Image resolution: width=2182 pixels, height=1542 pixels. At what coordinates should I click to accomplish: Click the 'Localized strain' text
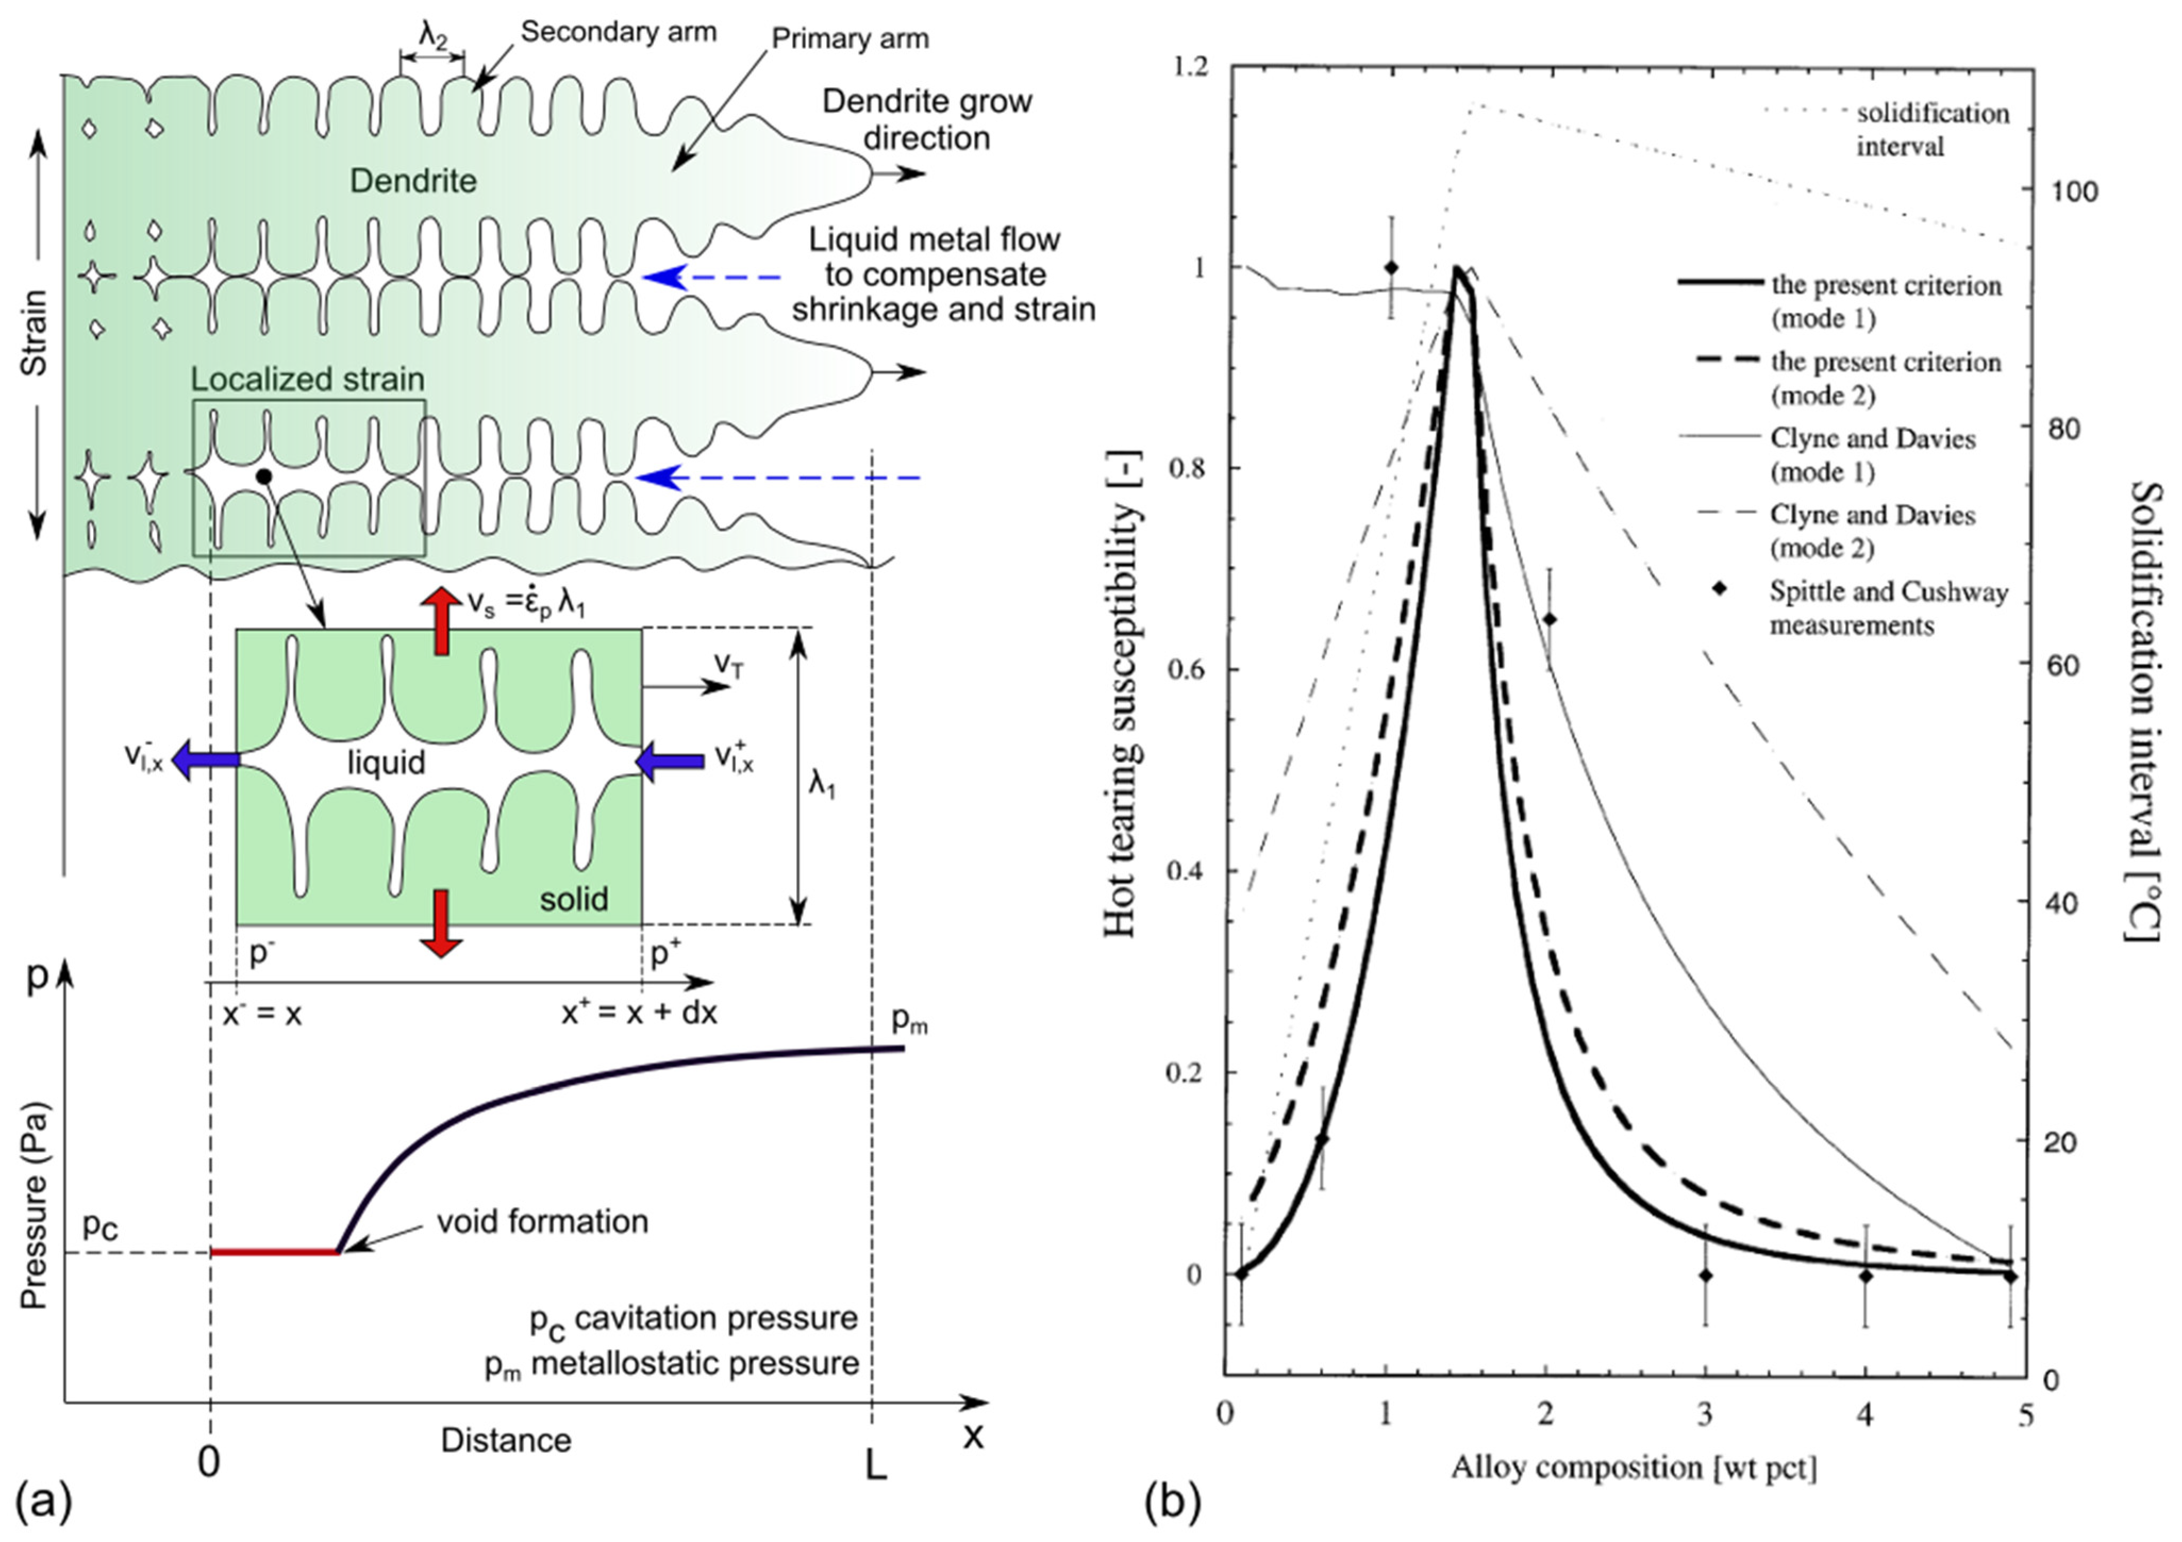coord(308,380)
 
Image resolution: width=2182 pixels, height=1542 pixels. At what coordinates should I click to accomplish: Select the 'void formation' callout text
coord(543,1222)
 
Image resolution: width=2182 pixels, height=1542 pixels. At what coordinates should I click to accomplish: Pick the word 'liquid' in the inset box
coord(386,762)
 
